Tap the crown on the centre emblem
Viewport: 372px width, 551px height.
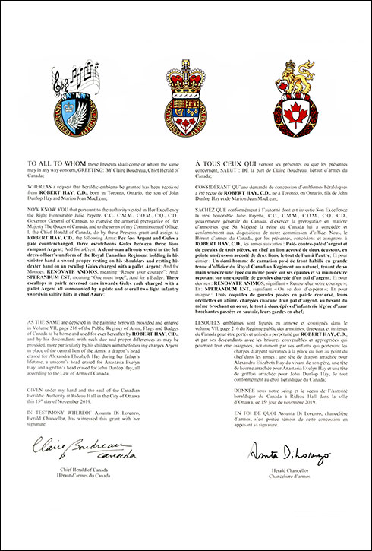click(x=185, y=66)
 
